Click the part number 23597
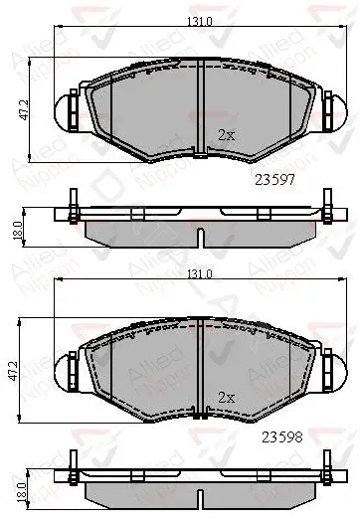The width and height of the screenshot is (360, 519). point(274,180)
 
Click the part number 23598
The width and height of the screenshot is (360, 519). point(282,437)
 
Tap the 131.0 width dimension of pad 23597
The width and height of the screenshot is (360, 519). point(200,21)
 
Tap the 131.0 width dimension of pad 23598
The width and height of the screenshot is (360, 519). point(200,274)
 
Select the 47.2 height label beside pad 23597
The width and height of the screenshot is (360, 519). point(24,109)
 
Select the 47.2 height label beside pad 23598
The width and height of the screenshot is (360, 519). point(13,370)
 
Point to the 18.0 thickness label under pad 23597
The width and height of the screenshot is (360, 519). point(18,230)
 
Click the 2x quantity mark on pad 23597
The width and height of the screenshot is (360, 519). point(227,135)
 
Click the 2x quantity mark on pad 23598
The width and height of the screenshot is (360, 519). point(227,397)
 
